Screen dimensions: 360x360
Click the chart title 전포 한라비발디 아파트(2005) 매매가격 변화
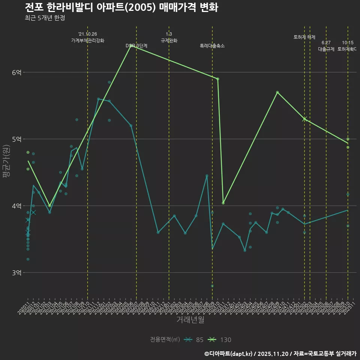click(121, 7)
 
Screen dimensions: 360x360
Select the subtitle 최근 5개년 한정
click(45, 18)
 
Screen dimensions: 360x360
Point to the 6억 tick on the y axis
click(17, 72)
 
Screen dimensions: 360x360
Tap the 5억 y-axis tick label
click(17, 139)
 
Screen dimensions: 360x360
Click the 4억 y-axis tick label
click(17, 206)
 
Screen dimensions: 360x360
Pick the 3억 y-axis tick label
click(17, 273)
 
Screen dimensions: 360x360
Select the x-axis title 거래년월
click(190, 320)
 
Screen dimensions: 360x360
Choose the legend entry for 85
click(195, 340)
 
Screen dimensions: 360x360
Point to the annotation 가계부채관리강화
click(88, 40)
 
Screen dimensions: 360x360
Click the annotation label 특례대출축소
click(212, 46)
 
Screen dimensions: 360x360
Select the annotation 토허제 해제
click(304, 37)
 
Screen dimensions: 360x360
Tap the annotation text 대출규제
click(326, 49)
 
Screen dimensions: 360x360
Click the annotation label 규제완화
click(169, 40)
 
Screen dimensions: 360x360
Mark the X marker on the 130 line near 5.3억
click(304, 119)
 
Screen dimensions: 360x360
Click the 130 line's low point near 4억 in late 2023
click(223, 203)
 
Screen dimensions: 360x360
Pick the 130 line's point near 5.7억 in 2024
click(277, 92)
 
